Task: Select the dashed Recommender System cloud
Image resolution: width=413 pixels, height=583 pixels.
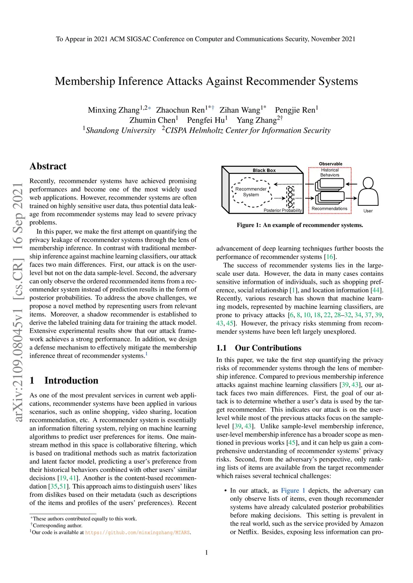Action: pyautogui.click(x=251, y=192)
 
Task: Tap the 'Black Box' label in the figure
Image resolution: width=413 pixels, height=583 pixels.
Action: pyautogui.click(x=264, y=170)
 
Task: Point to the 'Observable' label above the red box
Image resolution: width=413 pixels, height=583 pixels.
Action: pyautogui.click(x=330, y=164)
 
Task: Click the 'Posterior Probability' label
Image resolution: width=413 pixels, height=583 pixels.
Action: pyautogui.click(x=282, y=210)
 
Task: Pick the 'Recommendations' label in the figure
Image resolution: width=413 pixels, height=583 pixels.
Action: pyautogui.click(x=329, y=209)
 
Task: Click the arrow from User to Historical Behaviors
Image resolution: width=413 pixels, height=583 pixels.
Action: pyautogui.click(x=351, y=184)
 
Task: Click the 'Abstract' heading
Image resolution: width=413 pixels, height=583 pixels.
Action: pyautogui.click(x=48, y=166)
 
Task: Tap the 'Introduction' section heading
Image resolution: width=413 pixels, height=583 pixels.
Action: pyautogui.click(x=71, y=380)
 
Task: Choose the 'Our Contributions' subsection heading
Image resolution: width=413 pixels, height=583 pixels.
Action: pyautogui.click(x=268, y=348)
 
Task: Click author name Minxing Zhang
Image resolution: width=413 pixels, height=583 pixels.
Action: pyautogui.click(x=113, y=110)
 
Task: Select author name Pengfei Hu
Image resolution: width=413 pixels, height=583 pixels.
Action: pyautogui.click(x=206, y=120)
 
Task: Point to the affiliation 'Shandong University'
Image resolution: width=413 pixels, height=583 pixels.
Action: pyautogui.click(x=121, y=130)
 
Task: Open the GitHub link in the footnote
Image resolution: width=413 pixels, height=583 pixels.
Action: pyautogui.click(x=137, y=532)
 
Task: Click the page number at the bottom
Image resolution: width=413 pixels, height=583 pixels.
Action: pyautogui.click(x=206, y=552)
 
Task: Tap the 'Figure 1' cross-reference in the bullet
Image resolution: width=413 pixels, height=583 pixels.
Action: pyautogui.click(x=293, y=490)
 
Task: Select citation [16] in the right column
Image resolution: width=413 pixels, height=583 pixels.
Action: pyautogui.click(x=330, y=257)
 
